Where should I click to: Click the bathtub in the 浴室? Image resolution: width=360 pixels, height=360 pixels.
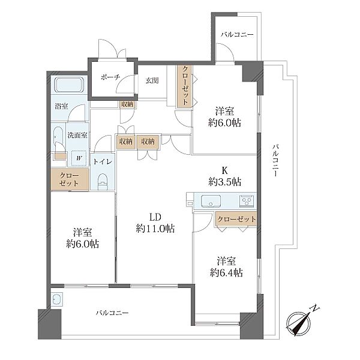[x=69, y=85]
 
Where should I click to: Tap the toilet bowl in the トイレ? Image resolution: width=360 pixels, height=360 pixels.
[x=103, y=182]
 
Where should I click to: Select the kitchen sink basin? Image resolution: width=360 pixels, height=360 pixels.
[x=211, y=201]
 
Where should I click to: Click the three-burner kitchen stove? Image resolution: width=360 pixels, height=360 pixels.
[x=247, y=201]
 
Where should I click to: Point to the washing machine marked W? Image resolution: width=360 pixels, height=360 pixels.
[x=79, y=158]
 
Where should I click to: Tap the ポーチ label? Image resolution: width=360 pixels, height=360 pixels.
[x=110, y=77]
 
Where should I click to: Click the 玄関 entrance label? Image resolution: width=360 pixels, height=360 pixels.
[x=152, y=80]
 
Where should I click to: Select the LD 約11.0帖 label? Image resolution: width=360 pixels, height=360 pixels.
[x=155, y=223]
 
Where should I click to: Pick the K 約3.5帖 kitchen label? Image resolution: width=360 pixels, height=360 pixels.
[x=225, y=176]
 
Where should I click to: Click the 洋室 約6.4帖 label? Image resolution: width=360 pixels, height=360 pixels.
[x=226, y=267]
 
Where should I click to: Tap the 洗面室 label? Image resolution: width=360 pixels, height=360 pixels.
[x=77, y=135]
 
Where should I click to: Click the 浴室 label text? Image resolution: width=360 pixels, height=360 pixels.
[x=61, y=106]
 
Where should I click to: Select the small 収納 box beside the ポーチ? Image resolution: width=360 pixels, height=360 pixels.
[x=127, y=104]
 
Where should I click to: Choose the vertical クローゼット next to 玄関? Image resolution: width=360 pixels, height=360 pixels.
[x=185, y=86]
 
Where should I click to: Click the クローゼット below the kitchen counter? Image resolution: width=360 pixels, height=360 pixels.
[x=236, y=219]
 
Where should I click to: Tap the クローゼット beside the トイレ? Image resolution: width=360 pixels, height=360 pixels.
[x=70, y=179]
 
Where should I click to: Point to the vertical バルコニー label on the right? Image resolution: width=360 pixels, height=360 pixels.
[x=276, y=160]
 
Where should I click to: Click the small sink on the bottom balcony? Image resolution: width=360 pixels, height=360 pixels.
[x=57, y=299]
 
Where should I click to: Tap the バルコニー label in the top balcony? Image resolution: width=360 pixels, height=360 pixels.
[x=237, y=34]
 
